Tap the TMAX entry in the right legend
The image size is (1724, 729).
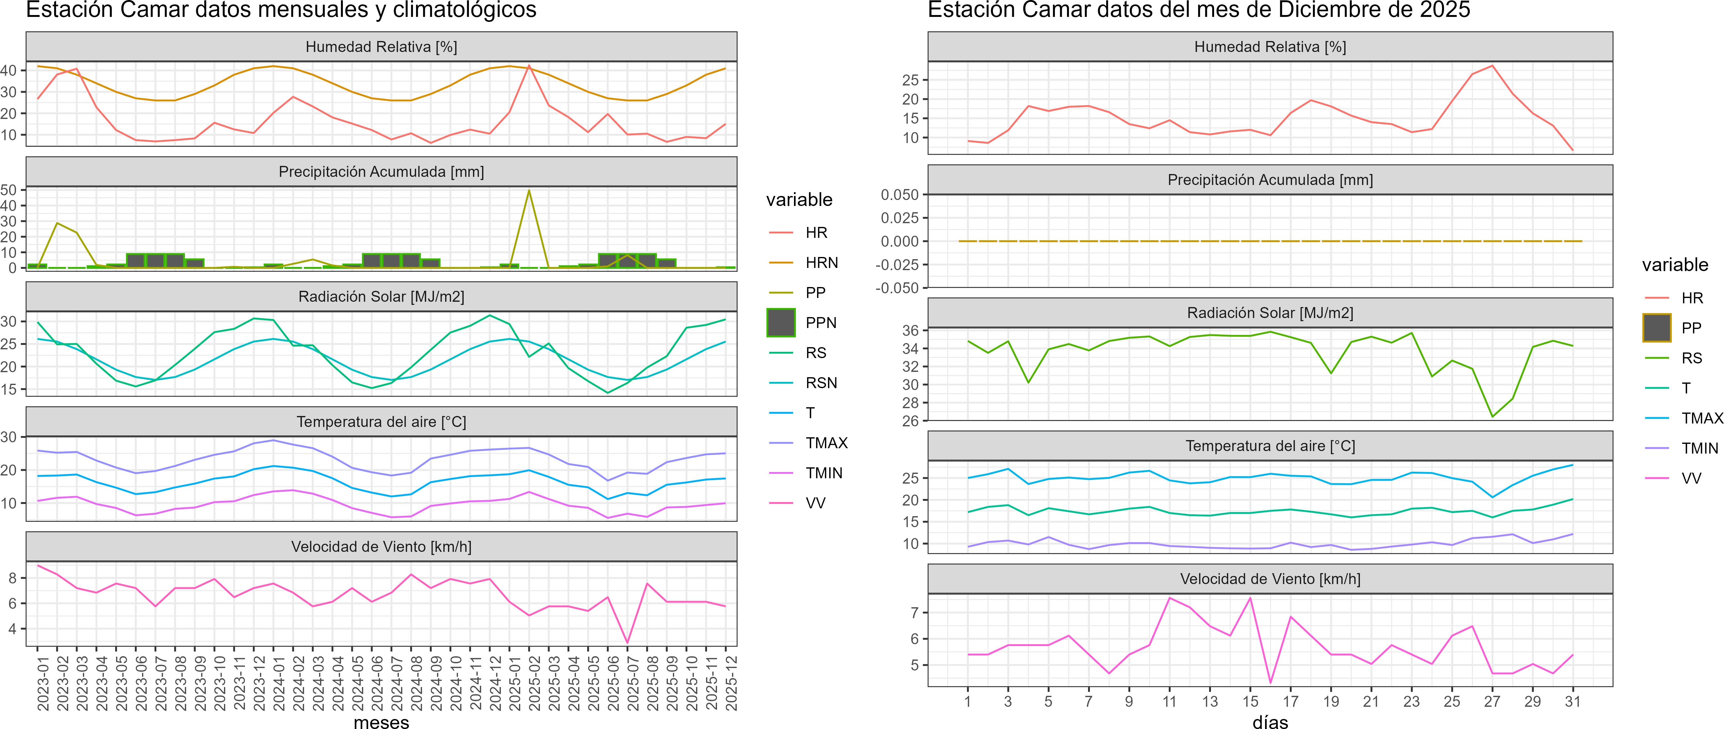click(x=1701, y=418)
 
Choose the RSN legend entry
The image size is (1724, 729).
click(x=821, y=383)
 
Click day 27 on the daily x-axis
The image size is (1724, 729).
click(x=1492, y=701)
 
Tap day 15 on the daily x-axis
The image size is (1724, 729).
click(x=1250, y=701)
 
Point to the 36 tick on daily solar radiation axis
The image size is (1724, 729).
click(x=910, y=330)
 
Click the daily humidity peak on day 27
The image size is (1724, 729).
click(x=1492, y=66)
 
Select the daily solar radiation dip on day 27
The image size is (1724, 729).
click(x=1492, y=416)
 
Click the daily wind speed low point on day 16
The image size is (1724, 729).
click(x=1270, y=682)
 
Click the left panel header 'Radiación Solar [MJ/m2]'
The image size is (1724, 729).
click(x=381, y=296)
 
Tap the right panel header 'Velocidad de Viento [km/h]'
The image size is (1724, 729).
click(x=1269, y=579)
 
